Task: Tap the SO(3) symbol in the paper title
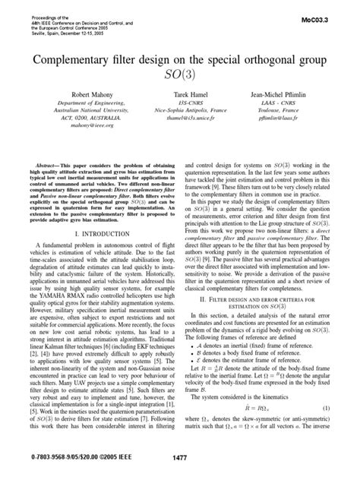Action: click(180, 75)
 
